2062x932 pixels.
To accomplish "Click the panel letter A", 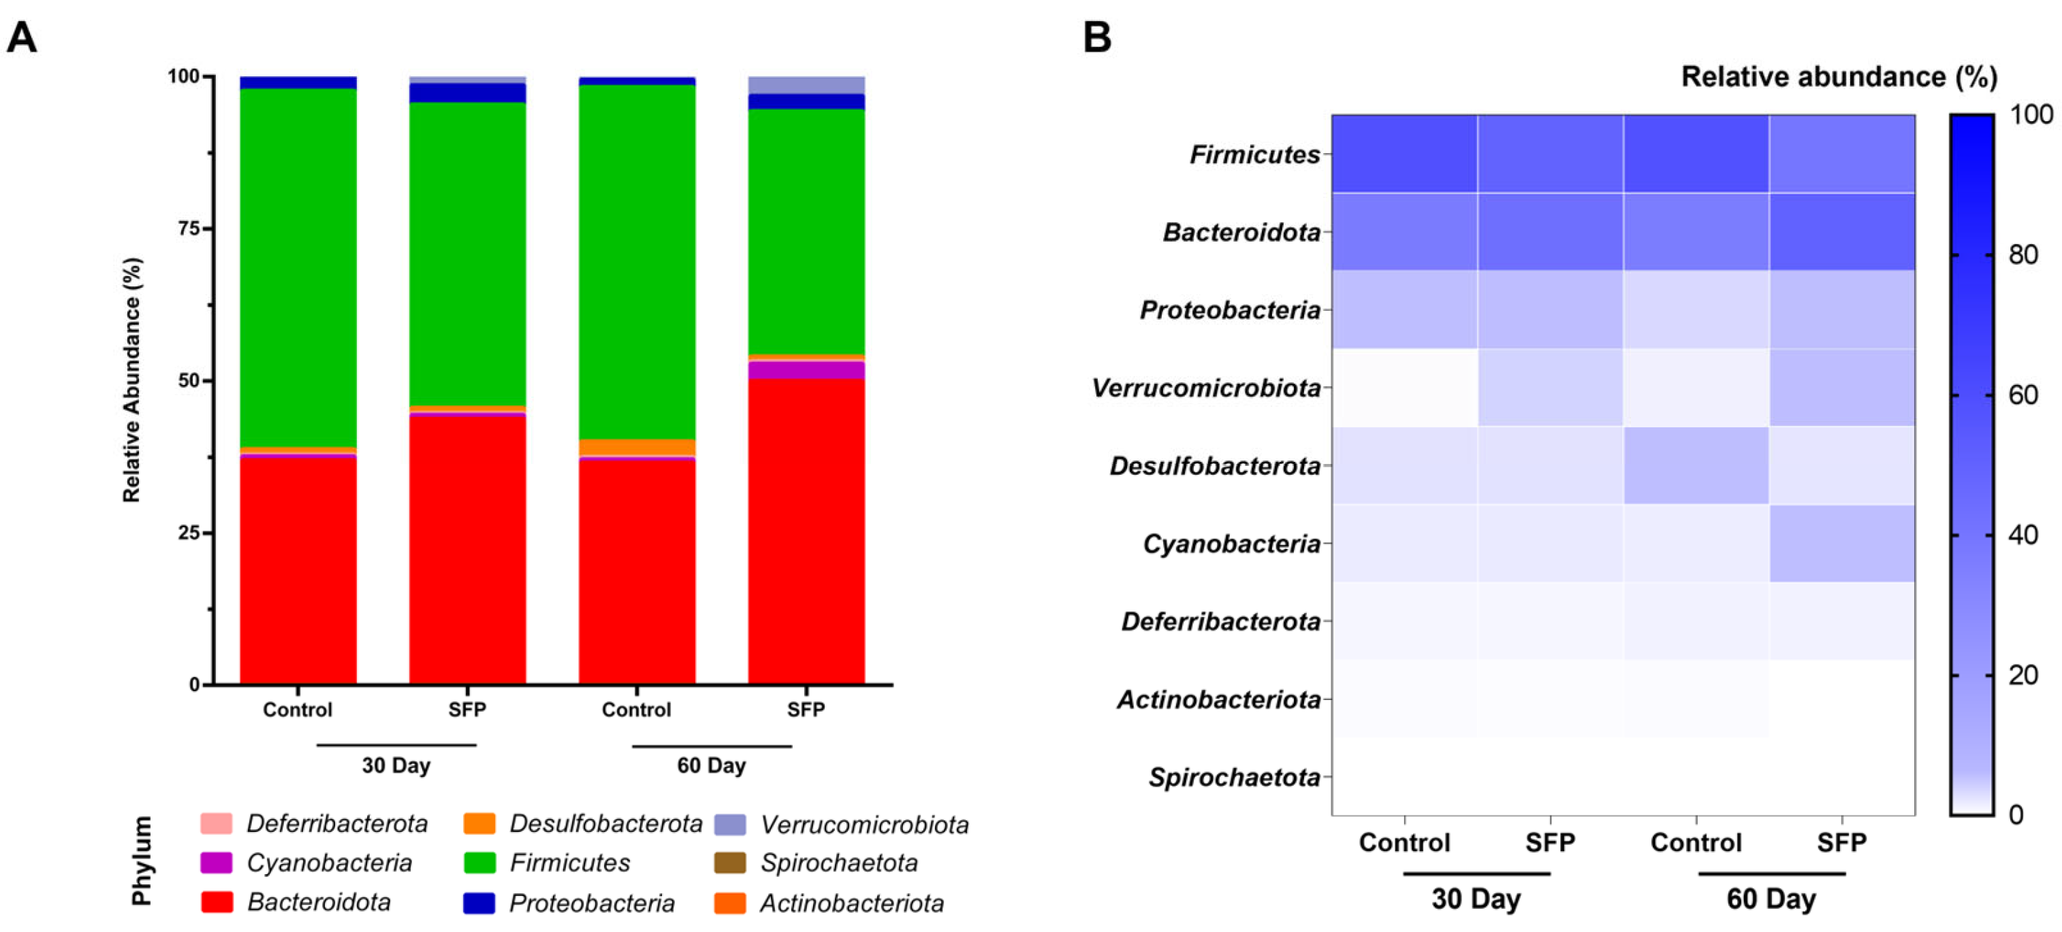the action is tap(22, 37).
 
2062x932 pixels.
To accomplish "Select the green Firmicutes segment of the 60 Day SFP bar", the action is tap(806, 232).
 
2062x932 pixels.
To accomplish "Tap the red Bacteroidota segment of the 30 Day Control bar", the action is tap(298, 570).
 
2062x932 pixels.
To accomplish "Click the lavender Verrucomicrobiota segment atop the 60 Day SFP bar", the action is tap(806, 85).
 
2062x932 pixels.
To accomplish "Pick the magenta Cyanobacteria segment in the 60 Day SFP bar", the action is tap(806, 370).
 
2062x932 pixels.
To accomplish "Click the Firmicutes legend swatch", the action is tap(479, 863).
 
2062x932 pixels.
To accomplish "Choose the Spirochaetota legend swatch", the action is tap(729, 863).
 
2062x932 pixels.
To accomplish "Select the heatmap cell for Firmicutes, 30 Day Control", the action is tap(1405, 154).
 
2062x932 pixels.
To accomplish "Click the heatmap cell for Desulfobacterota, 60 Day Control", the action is tap(1696, 465).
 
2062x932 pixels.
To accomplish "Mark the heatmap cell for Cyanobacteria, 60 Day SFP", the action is tap(1842, 543).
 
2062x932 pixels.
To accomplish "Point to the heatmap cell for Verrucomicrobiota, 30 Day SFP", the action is tap(1551, 387).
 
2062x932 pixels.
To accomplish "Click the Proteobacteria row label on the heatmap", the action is tap(1231, 310).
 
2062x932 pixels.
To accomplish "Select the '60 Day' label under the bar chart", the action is tap(712, 765).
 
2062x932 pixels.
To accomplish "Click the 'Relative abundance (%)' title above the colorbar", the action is tap(1839, 77).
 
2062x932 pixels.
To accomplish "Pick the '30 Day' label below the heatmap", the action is tap(1476, 899).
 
